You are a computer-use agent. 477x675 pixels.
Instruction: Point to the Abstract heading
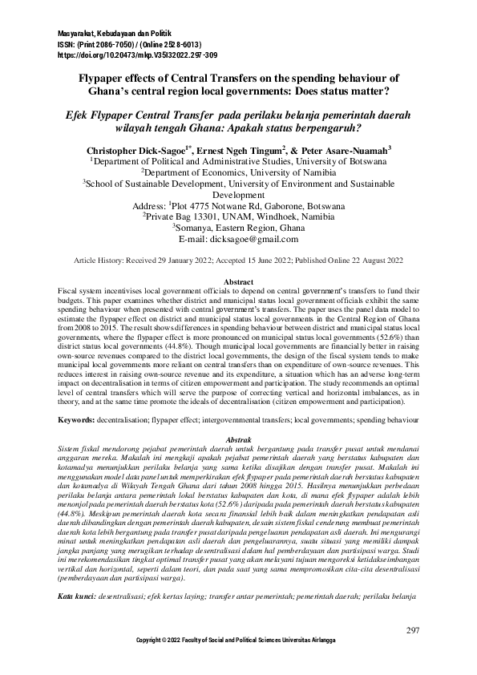(x=238, y=282)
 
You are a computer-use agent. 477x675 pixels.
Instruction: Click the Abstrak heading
(x=238, y=441)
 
